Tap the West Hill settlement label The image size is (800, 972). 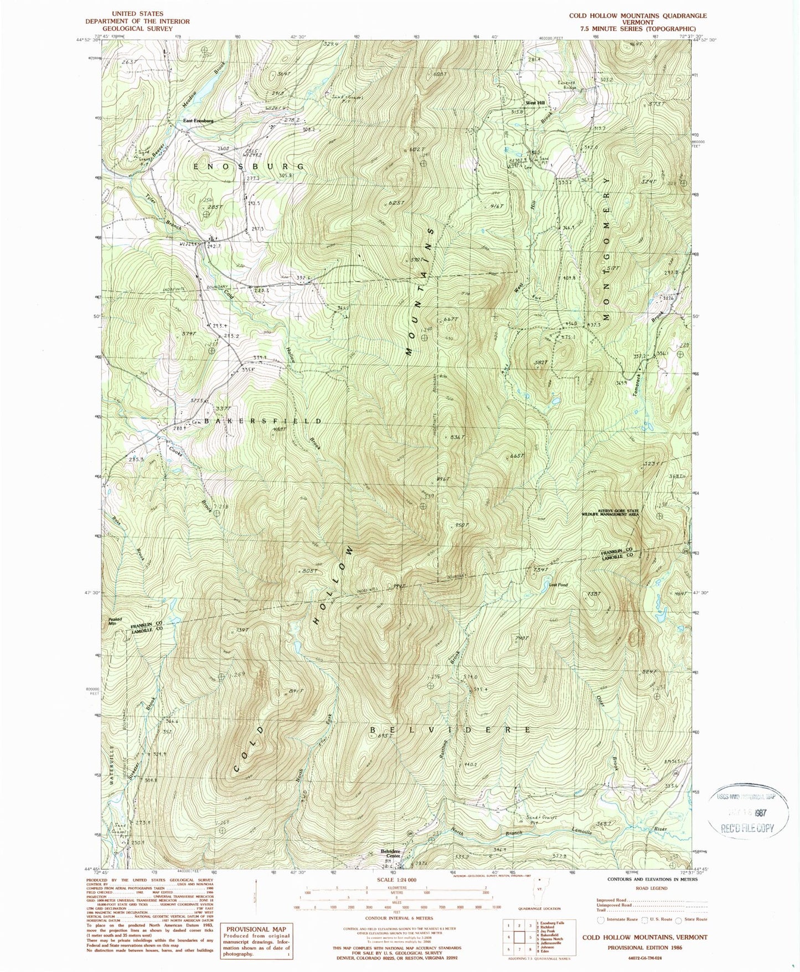click(535, 103)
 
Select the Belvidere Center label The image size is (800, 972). click(390, 854)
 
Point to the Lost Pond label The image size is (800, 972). click(559, 585)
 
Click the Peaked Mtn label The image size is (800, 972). click(115, 622)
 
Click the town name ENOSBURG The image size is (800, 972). click(249, 166)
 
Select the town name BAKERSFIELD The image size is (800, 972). click(263, 421)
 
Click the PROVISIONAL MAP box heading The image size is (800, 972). click(256, 929)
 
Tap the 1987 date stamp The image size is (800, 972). click(756, 812)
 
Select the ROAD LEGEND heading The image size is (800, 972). click(648, 888)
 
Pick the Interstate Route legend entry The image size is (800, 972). click(614, 919)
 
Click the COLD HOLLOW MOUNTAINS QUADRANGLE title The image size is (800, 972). click(638, 16)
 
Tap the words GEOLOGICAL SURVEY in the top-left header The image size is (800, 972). click(137, 28)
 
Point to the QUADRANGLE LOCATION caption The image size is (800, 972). click(539, 908)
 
